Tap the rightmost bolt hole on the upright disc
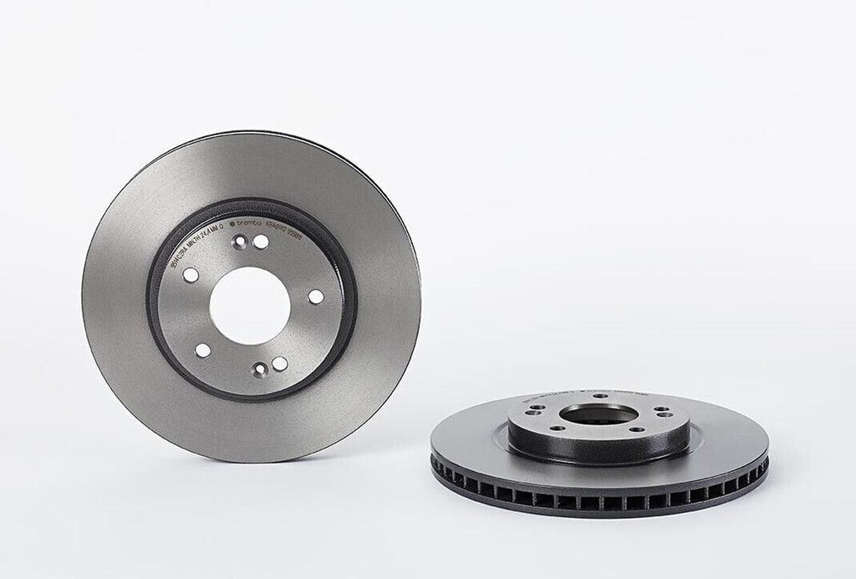pyautogui.click(x=315, y=296)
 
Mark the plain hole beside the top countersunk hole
pyautogui.click(x=261, y=241)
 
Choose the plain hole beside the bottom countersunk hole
pyautogui.click(x=280, y=363)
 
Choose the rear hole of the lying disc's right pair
pyautogui.click(x=660, y=409)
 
